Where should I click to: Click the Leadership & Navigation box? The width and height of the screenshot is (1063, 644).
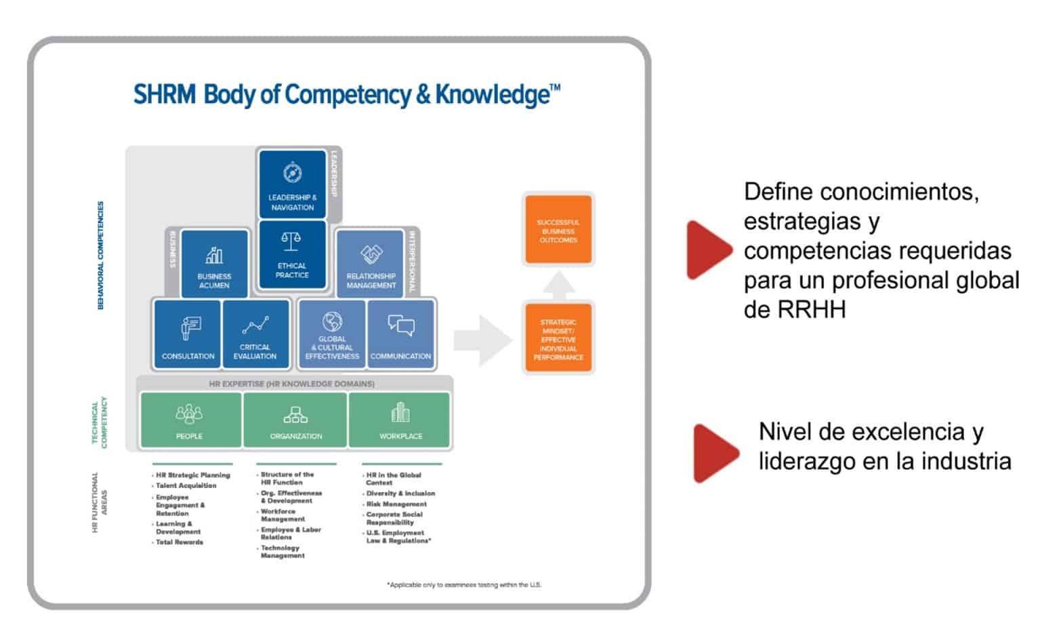tap(292, 184)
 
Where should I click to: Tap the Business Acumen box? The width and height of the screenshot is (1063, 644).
tap(214, 264)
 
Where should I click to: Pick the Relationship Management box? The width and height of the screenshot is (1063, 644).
tap(371, 264)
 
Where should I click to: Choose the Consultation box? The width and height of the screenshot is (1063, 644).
tap(188, 334)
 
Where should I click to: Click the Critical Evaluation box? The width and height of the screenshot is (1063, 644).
tap(255, 334)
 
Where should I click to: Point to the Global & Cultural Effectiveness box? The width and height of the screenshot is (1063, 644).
tap(332, 334)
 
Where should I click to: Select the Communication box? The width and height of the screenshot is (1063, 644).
tap(400, 334)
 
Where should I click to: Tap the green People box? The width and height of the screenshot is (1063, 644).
tap(190, 420)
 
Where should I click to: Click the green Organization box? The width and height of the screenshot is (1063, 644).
tap(295, 420)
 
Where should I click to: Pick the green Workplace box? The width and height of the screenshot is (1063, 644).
tap(400, 420)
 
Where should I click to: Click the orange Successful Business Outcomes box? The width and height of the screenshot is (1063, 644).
tap(558, 230)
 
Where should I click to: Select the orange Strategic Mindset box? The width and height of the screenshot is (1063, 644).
tap(558, 339)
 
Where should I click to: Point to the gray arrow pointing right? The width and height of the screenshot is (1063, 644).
tap(482, 340)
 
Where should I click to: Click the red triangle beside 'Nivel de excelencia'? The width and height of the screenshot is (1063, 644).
tap(715, 453)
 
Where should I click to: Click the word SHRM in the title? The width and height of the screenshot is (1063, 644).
tap(165, 95)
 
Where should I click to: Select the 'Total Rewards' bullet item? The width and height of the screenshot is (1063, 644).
tap(180, 542)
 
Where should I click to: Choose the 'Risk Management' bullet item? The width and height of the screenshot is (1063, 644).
tap(396, 504)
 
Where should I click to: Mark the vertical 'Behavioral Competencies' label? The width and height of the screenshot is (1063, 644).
tap(101, 255)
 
